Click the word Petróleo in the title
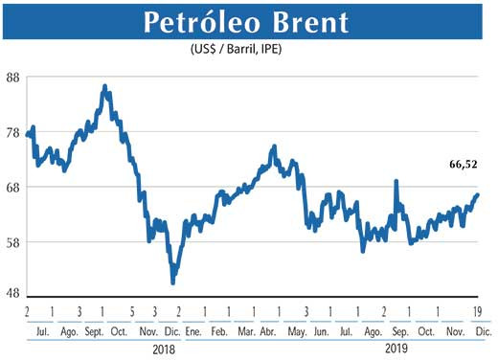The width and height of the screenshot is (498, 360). [200, 22]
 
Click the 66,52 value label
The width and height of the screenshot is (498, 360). [463, 165]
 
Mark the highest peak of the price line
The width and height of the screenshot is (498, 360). [104, 87]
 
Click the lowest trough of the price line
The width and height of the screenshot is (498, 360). [172, 282]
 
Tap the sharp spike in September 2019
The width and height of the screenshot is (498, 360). [395, 180]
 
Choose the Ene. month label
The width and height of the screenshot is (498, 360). [192, 329]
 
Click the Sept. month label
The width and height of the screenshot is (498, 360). [96, 329]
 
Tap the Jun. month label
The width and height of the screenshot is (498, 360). [322, 329]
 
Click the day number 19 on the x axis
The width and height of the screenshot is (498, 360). [477, 312]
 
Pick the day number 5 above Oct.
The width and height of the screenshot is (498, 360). [129, 312]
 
